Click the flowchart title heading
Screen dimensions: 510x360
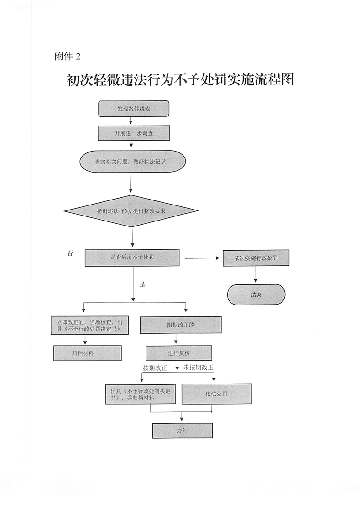179,81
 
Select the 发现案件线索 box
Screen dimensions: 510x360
134,109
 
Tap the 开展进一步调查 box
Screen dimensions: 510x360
134,133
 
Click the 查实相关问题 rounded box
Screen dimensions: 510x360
133,162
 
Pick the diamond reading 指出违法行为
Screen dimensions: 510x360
131,211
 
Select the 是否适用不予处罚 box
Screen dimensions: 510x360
132,258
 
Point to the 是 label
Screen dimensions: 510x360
142,284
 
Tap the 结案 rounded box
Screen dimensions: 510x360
256,294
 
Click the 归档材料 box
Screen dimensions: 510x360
88,353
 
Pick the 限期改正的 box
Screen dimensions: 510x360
181,325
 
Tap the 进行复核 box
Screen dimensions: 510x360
178,353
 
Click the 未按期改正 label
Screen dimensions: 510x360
198,367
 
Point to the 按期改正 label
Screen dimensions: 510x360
155,368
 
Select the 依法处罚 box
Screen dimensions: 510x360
217,394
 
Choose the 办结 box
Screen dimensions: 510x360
182,430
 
